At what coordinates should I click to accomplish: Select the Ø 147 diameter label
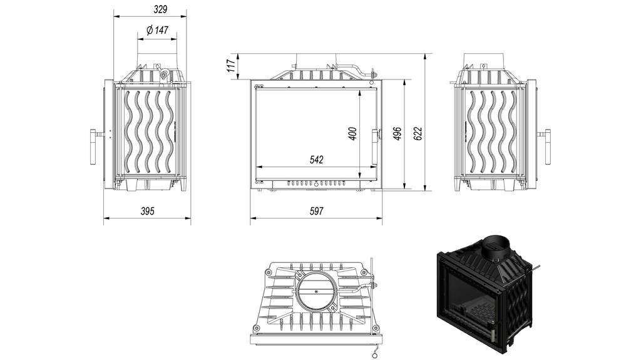[157, 30]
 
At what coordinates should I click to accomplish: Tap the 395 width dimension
[147, 211]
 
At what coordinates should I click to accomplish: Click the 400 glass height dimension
[352, 133]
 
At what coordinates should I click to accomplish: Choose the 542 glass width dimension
[317, 160]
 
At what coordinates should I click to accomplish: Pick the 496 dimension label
[397, 133]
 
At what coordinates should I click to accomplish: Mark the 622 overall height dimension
[418, 133]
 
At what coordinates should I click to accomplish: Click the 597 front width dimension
[317, 211]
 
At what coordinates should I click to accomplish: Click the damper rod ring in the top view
[374, 353]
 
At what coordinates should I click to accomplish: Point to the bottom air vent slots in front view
[316, 184]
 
